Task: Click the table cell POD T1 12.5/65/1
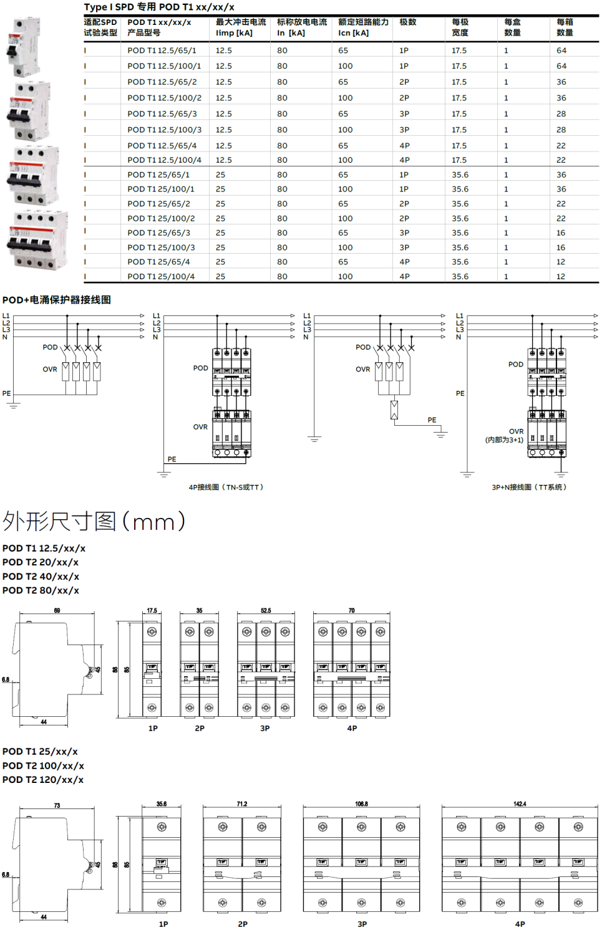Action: pyautogui.click(x=162, y=50)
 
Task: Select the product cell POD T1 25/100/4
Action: pyautogui.click(x=161, y=277)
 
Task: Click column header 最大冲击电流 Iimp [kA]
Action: pyautogui.click(x=240, y=27)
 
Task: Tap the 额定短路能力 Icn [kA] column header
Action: pyautogui.click(x=363, y=27)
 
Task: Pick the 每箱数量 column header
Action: pyautogui.click(x=565, y=27)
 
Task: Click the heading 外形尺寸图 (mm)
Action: pyautogui.click(x=94, y=521)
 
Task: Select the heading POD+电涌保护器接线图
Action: pyautogui.click(x=57, y=300)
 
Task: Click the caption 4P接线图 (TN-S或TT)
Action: pyautogui.click(x=226, y=487)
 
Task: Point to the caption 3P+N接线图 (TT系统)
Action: pyautogui.click(x=529, y=487)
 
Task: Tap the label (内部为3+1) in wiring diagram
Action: pyautogui.click(x=504, y=440)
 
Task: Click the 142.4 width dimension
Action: pyautogui.click(x=520, y=804)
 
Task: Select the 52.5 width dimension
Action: pyautogui.click(x=266, y=611)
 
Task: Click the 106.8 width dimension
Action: pyautogui.click(x=361, y=804)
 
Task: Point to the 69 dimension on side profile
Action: pyautogui.click(x=57, y=611)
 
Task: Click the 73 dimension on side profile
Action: pyautogui.click(x=57, y=806)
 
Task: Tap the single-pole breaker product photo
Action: pyautogui.click(x=24, y=47)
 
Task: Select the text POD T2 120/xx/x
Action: pyautogui.click(x=43, y=780)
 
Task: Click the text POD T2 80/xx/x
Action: pyautogui.click(x=41, y=590)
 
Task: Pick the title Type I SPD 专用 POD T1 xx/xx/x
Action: pyautogui.click(x=159, y=7)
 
